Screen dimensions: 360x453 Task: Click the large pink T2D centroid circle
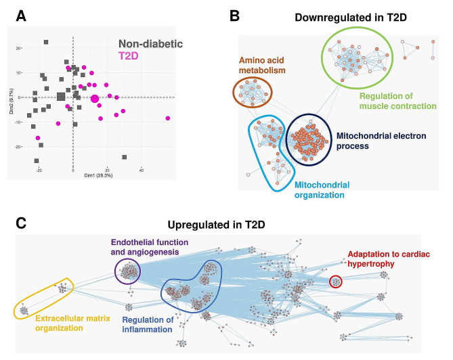(x=95, y=99)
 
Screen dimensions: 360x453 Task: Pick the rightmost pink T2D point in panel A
(x=167, y=118)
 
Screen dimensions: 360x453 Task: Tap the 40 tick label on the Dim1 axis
(x=141, y=169)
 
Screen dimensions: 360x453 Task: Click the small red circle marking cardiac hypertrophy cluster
(x=335, y=282)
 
